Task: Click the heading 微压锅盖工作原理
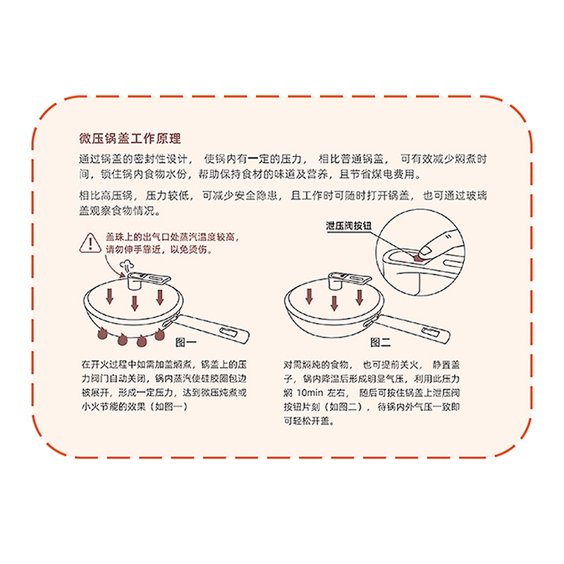click(x=130, y=138)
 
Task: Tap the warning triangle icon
click(x=90, y=243)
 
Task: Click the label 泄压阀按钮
click(x=348, y=226)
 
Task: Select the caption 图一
click(x=185, y=342)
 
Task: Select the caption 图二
click(x=381, y=342)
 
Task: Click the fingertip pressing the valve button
click(x=427, y=251)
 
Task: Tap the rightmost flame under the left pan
click(x=159, y=333)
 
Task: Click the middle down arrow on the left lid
click(x=135, y=303)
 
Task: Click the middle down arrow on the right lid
click(x=334, y=303)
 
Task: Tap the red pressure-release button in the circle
click(x=417, y=257)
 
